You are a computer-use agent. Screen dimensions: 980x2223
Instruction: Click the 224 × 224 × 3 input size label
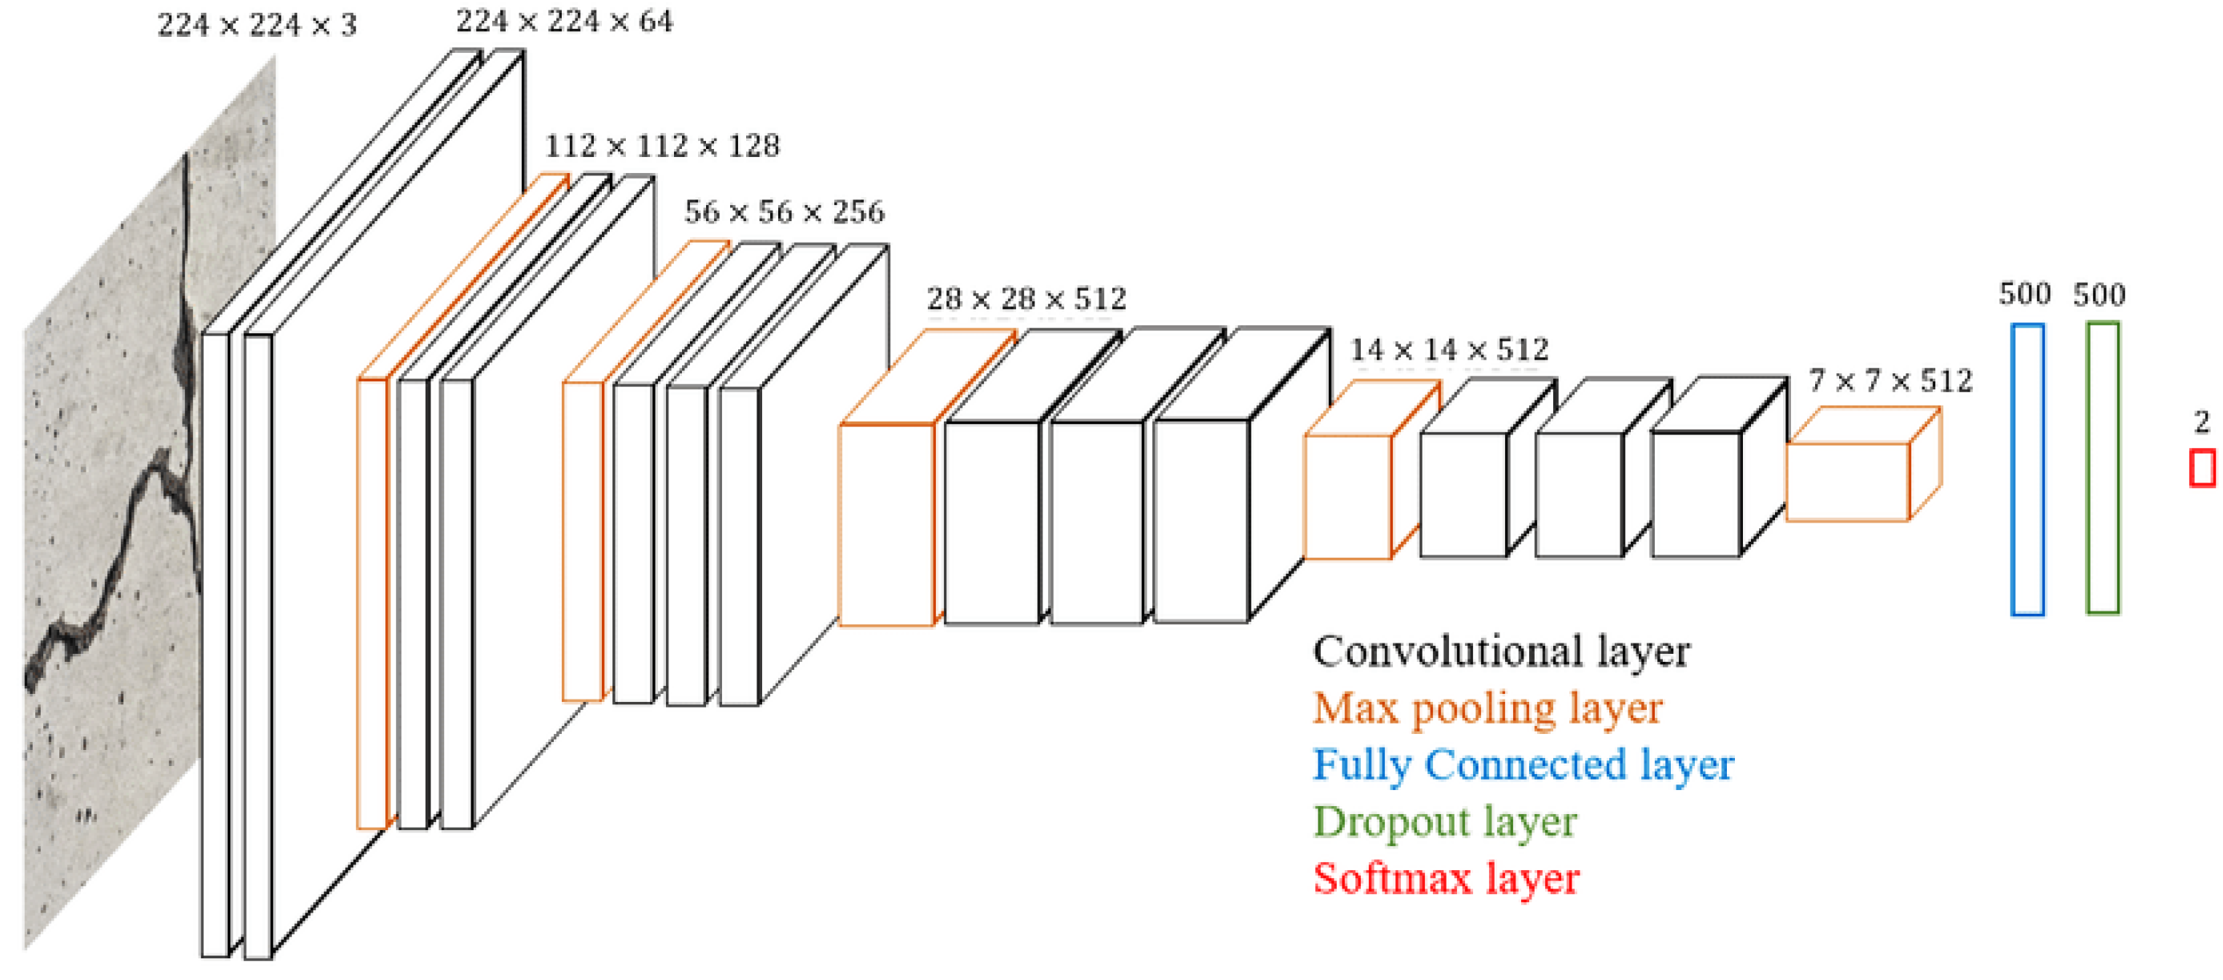[256, 25]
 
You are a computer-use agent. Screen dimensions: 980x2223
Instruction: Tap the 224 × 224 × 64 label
[564, 22]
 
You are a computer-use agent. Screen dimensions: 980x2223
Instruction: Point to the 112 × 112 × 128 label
[662, 146]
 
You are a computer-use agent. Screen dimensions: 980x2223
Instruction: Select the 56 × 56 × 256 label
[785, 212]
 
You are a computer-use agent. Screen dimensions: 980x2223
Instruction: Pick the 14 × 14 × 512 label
[1449, 350]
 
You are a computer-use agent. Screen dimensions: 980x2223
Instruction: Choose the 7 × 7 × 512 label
[1890, 381]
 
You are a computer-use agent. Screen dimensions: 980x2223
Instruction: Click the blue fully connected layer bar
[2027, 470]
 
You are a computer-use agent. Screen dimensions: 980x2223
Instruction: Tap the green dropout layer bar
[2102, 468]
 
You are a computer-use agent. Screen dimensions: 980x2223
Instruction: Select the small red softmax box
[2202, 469]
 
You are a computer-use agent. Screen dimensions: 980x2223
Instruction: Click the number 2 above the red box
[2201, 421]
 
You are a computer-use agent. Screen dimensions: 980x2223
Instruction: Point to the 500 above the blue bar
[2024, 295]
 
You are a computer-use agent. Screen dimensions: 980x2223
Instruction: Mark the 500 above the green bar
[2099, 295]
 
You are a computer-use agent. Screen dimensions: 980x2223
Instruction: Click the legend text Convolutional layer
[1501, 652]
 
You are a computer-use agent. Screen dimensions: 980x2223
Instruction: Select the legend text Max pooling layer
[1487, 709]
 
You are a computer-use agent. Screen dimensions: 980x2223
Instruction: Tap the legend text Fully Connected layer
[1523, 765]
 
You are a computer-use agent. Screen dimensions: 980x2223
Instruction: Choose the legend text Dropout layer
[1445, 822]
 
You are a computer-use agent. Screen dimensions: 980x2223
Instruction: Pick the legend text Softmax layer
[1446, 879]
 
